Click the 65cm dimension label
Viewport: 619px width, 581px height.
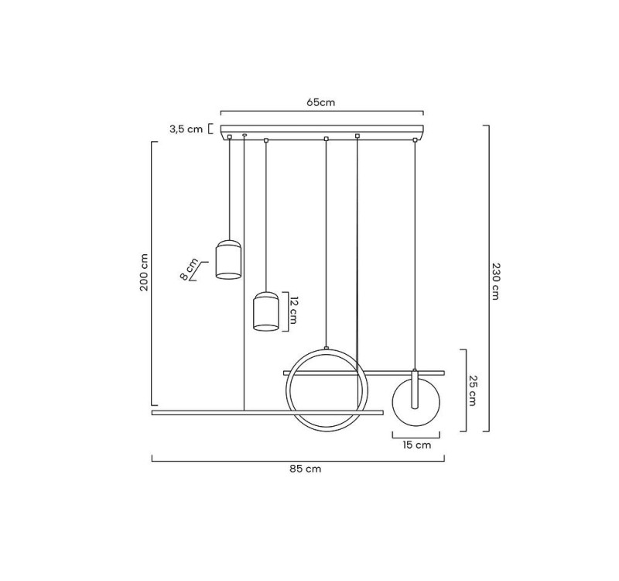tap(320, 102)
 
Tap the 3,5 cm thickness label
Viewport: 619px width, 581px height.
tap(186, 129)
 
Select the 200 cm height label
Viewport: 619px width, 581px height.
tap(144, 273)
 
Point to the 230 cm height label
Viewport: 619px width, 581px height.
tap(495, 281)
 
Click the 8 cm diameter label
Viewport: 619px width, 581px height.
tap(190, 269)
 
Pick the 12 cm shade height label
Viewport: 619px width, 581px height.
tap(293, 310)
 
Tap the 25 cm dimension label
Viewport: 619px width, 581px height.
tap(473, 390)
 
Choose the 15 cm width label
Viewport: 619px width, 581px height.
tap(416, 445)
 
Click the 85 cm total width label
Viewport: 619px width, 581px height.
tap(305, 469)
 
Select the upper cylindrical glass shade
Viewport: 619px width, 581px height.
tap(228, 260)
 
